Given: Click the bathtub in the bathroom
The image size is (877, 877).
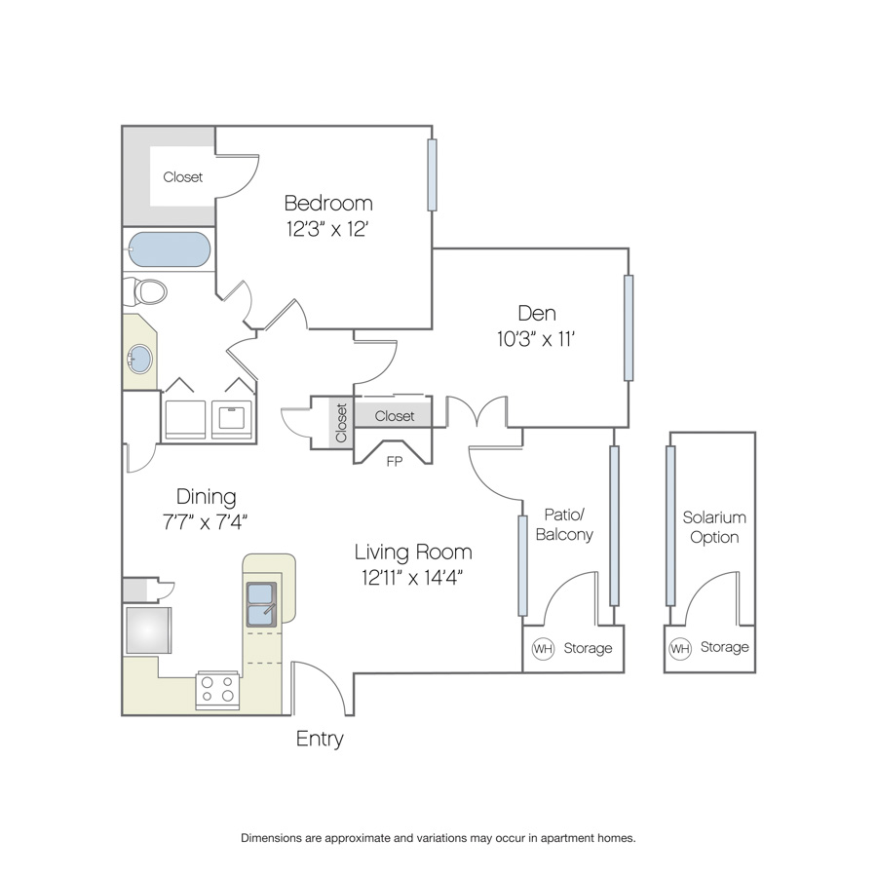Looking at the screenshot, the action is pyautogui.click(x=170, y=248).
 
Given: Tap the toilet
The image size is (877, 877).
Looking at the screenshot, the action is pyautogui.click(x=145, y=291).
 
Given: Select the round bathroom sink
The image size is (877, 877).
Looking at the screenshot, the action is pyautogui.click(x=139, y=359).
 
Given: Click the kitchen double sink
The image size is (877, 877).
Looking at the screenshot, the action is pyautogui.click(x=262, y=604).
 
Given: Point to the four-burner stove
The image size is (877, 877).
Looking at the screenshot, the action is pyautogui.click(x=217, y=690).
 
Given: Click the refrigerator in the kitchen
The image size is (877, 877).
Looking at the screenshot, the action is pyautogui.click(x=148, y=629).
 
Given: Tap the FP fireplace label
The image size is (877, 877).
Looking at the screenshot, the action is pyautogui.click(x=395, y=462).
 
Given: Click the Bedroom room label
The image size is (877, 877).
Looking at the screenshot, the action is pyautogui.click(x=328, y=203).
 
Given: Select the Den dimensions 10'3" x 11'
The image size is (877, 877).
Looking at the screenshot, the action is pyautogui.click(x=536, y=339).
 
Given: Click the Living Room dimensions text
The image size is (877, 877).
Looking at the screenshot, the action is pyautogui.click(x=412, y=577).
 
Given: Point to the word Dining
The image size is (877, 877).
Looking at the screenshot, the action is pyautogui.click(x=206, y=497).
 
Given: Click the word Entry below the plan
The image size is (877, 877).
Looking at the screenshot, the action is pyautogui.click(x=320, y=739).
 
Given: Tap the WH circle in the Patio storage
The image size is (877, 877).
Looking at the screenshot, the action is pyautogui.click(x=543, y=649).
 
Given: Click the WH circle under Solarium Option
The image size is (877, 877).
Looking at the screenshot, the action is pyautogui.click(x=679, y=649).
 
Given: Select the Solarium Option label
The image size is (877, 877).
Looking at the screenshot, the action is pyautogui.click(x=714, y=527).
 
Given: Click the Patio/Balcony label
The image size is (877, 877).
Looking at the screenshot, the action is pyautogui.click(x=564, y=524).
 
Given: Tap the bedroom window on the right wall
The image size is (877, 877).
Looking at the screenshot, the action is pyautogui.click(x=432, y=174).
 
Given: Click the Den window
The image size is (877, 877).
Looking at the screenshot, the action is pyautogui.click(x=629, y=327).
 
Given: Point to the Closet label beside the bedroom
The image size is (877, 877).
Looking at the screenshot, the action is pyautogui.click(x=183, y=177).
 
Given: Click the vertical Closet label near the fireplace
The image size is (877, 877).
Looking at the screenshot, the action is pyautogui.click(x=341, y=423).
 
